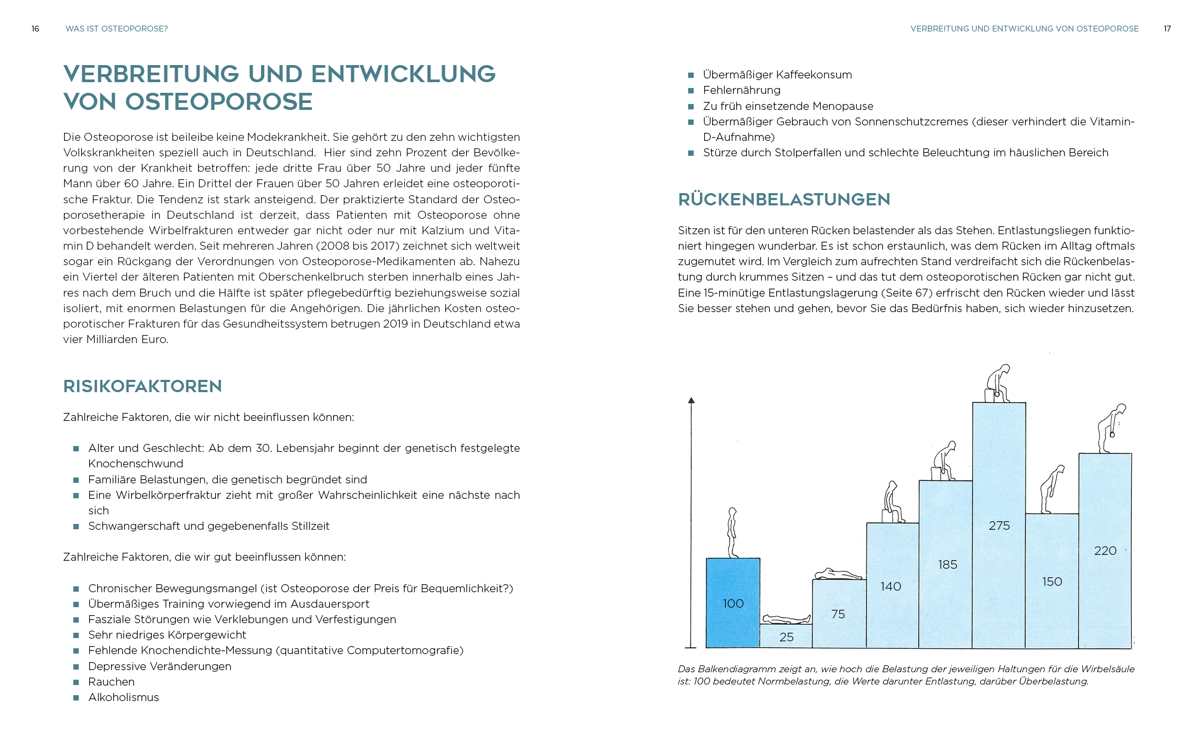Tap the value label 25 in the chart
point(786,637)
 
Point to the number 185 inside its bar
point(948,564)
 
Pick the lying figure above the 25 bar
point(786,619)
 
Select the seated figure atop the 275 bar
point(998,384)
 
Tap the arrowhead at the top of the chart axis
point(691,401)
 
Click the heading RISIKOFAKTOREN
point(143,386)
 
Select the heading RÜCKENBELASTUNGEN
point(784,200)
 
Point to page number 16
point(35,29)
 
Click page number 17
point(1167,29)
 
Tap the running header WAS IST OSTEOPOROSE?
point(116,29)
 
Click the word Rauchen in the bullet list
point(111,682)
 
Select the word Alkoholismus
point(123,697)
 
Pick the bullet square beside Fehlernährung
point(691,91)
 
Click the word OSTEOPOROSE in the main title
point(219,102)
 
